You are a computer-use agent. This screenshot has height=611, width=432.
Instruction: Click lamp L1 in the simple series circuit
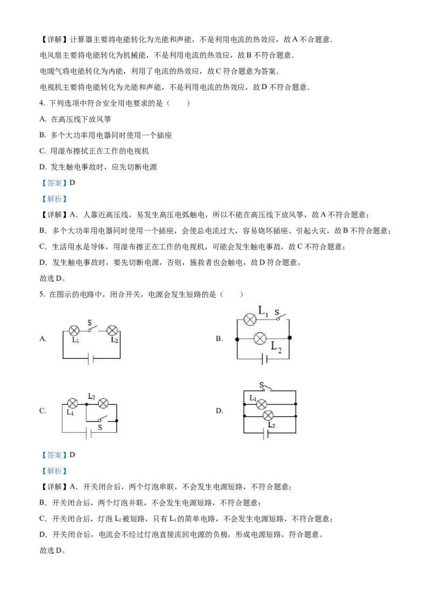[75, 330]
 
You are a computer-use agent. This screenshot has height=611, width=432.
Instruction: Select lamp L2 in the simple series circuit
[112, 330]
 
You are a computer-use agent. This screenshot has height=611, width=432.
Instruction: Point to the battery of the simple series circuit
[91, 359]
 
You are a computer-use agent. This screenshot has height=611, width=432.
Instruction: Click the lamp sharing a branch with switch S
[249, 320]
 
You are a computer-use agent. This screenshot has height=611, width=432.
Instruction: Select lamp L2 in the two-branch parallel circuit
[260, 338]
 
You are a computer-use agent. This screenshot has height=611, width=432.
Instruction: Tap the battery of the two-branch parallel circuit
[264, 358]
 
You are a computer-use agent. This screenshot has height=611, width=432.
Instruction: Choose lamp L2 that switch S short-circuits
[103, 403]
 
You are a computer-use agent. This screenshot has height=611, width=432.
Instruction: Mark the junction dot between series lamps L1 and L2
[86, 403]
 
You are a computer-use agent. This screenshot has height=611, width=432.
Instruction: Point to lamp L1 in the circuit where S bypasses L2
[72, 403]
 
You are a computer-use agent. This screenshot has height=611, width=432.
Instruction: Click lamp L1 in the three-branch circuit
[262, 404]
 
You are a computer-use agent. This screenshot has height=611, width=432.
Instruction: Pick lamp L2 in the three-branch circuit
[267, 416]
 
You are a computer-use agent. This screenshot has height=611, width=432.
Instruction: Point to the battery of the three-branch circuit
[266, 433]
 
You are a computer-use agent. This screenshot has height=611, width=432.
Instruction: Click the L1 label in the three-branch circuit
[252, 398]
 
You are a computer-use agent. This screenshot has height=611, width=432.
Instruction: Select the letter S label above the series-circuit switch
[90, 322]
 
